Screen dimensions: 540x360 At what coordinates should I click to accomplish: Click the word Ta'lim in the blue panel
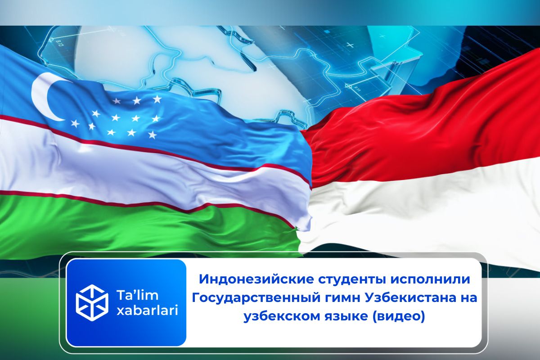tap(137, 295)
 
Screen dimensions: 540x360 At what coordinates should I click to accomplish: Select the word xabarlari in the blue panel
tap(147, 310)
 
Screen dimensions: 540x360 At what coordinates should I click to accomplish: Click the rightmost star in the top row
tap(157, 99)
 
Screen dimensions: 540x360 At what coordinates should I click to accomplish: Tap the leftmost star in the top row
tap(117, 100)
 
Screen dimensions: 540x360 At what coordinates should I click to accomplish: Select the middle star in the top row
tap(137, 100)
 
